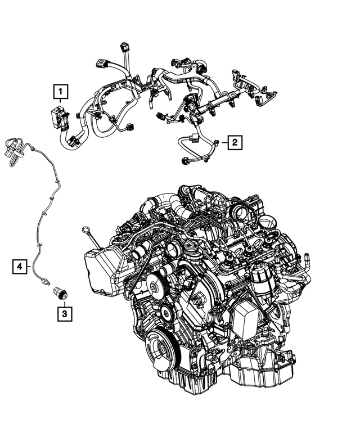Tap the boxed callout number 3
65,311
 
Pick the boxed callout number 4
20,266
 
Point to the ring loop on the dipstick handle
83,229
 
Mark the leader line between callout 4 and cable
30,266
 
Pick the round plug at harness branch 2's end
187,161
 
